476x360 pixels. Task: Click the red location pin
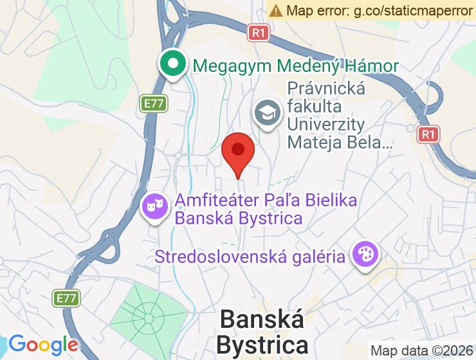[x=238, y=151]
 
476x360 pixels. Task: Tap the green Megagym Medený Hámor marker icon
[x=173, y=65]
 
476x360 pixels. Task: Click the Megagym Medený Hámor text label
[x=296, y=66]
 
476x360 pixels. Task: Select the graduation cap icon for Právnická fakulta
[x=266, y=114]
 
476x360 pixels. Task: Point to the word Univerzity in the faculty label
[x=326, y=124]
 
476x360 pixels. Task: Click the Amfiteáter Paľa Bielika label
[x=266, y=201]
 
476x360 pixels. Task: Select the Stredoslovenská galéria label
[x=250, y=257]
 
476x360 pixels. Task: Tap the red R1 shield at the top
[x=258, y=32]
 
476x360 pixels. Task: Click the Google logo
[x=43, y=345]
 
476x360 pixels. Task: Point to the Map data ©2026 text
[x=421, y=351]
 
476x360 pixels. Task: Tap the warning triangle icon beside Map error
[x=276, y=10]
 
